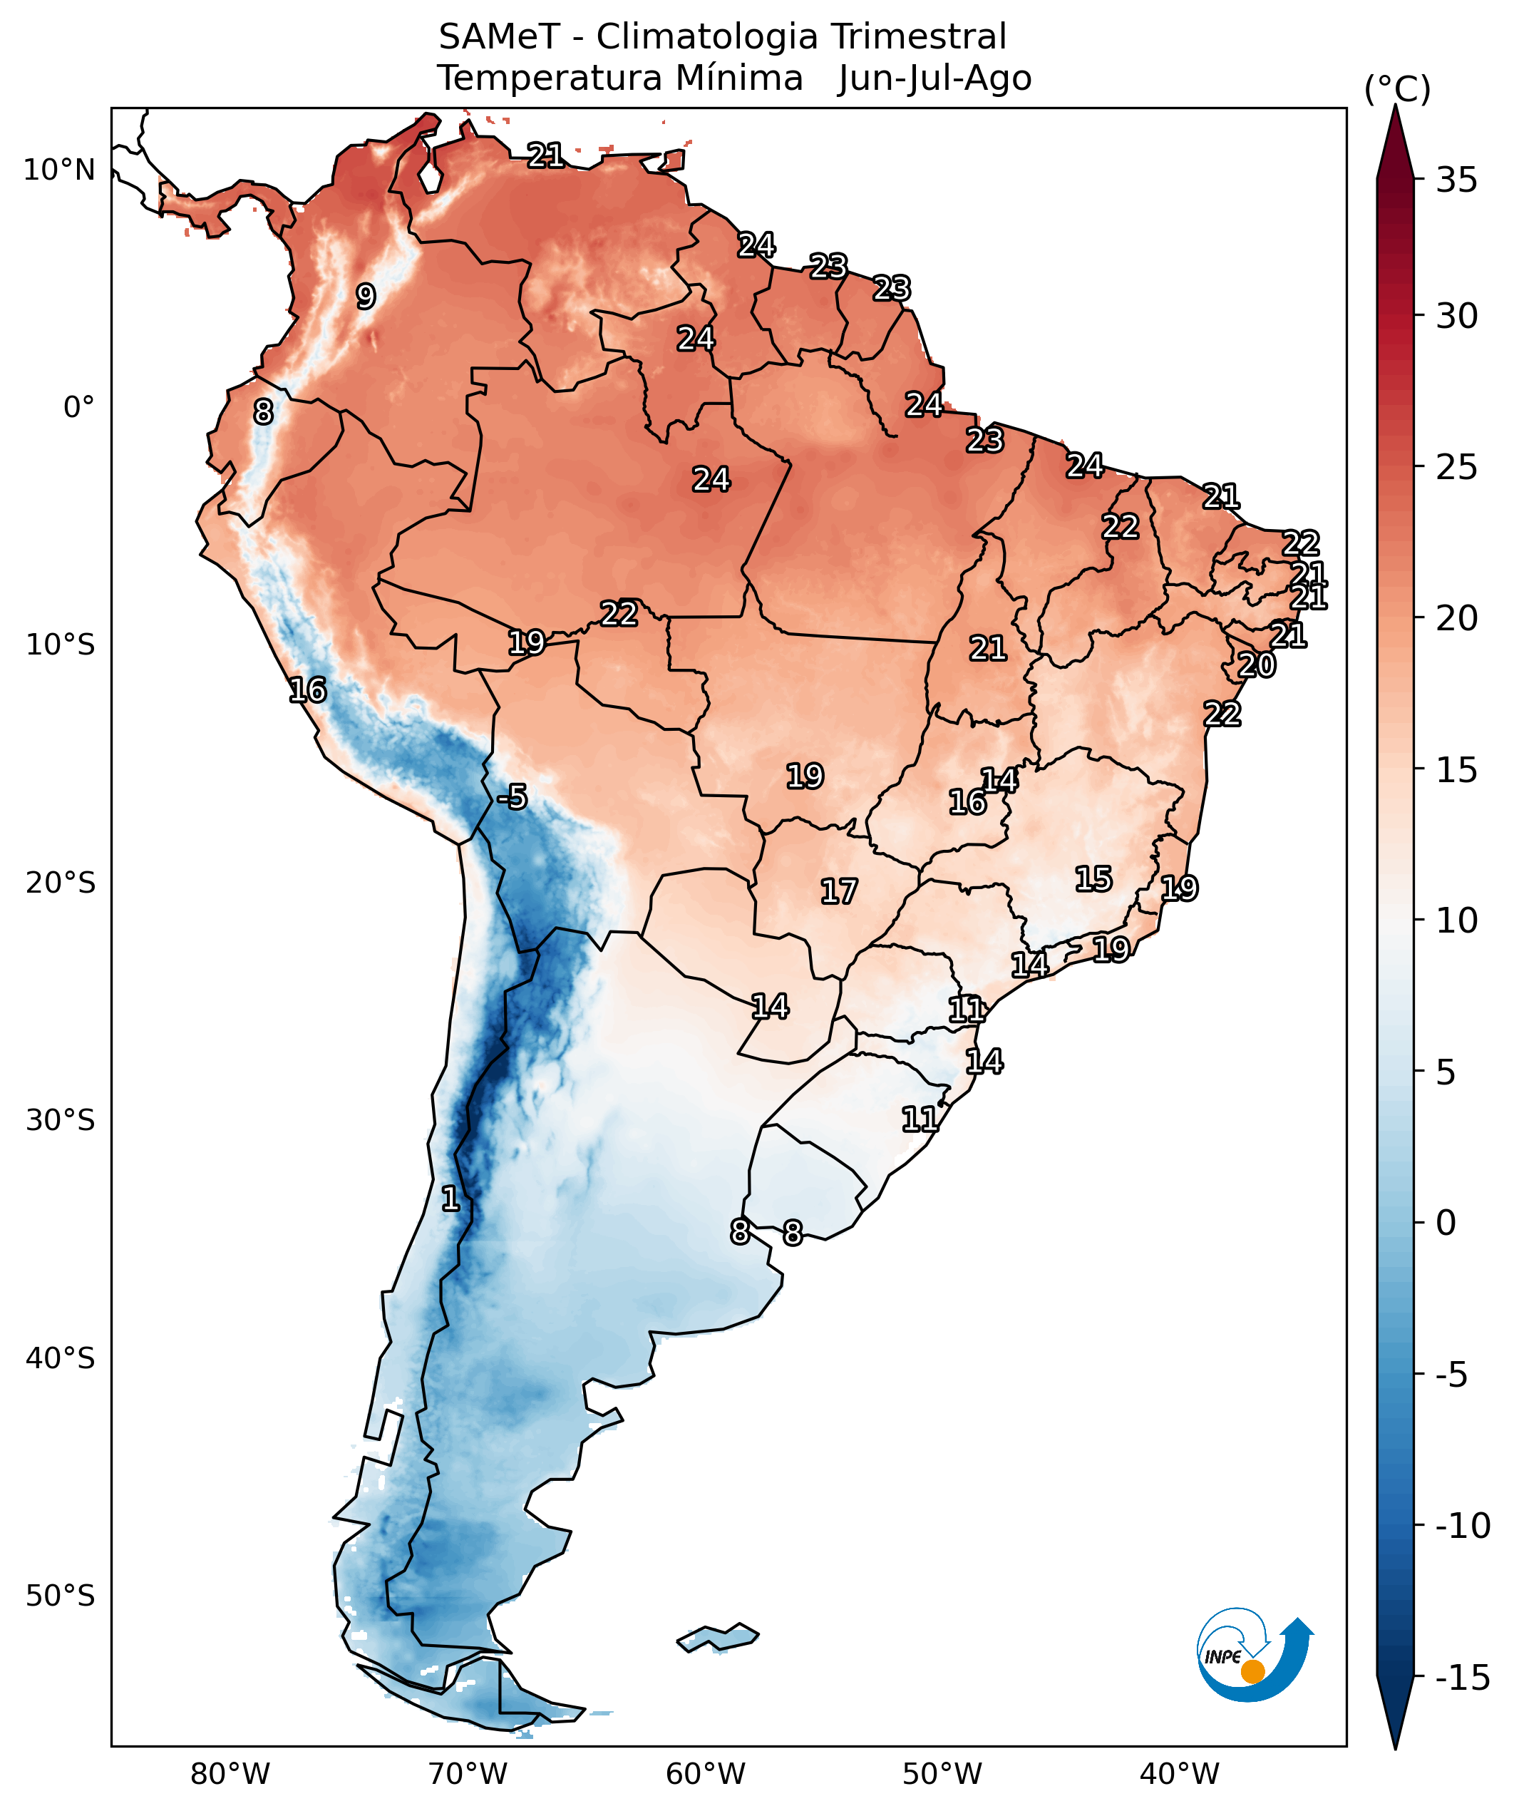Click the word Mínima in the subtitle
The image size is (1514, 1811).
[739, 78]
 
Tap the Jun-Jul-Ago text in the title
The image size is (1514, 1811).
[934, 78]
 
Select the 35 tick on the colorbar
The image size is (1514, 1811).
[1456, 180]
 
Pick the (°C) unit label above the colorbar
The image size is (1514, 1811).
[1396, 89]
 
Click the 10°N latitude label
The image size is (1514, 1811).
[58, 170]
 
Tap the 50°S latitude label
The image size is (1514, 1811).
[59, 1596]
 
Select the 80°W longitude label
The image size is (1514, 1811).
[230, 1775]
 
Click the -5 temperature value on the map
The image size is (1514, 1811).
[512, 797]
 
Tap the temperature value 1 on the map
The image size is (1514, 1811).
[450, 1198]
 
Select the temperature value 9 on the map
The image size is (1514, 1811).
[366, 296]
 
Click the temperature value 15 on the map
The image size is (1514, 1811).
[1093, 879]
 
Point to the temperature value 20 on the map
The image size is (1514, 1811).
[1256, 665]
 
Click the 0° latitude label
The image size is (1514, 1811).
[78, 407]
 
